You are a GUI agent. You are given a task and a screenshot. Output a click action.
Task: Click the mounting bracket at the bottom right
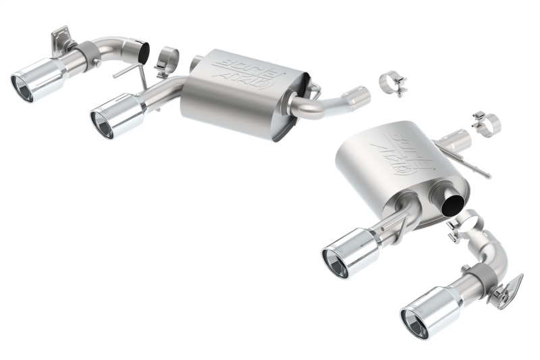point(510,290)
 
